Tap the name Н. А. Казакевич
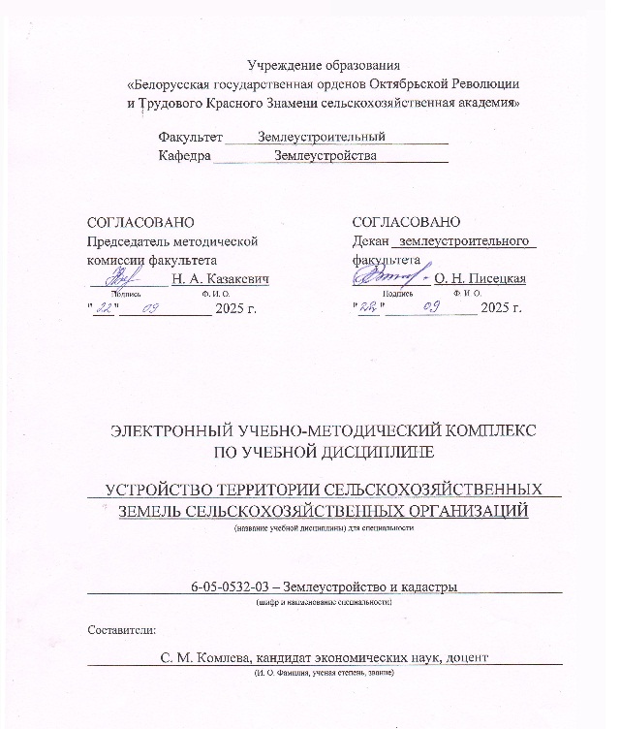coord(220,279)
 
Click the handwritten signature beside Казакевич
coord(116,278)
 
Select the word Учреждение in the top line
coord(288,66)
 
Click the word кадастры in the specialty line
coord(426,586)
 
